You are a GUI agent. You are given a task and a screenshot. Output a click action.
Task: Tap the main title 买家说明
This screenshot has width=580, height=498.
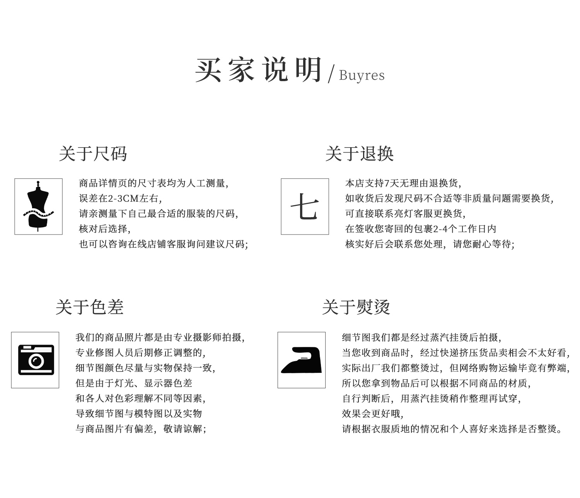pyautogui.click(x=258, y=70)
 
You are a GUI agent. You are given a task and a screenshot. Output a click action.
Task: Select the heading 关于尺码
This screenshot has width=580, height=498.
pyautogui.click(x=93, y=154)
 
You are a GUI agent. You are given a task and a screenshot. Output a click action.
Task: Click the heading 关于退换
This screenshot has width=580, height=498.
pyautogui.click(x=360, y=154)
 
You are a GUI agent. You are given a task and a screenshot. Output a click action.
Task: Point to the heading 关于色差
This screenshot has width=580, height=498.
pyautogui.click(x=90, y=307)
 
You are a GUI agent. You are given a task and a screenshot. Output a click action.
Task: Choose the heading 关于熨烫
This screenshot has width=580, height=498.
pyautogui.click(x=356, y=307)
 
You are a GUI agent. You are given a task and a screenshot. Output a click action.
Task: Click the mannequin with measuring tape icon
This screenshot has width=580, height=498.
pyautogui.click(x=38, y=206)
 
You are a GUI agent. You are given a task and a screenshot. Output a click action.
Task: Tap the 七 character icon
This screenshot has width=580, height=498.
pyautogui.click(x=305, y=206)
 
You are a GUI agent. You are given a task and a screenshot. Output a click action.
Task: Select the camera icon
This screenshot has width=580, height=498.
pyautogui.click(x=36, y=360)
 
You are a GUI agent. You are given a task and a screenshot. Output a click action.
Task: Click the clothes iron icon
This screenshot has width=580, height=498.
pyautogui.click(x=301, y=360)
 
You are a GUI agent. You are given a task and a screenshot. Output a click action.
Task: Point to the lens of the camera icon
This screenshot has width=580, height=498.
pyautogui.click(x=36, y=361)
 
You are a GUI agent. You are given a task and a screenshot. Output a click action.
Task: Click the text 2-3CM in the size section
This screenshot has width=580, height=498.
pyautogui.click(x=123, y=199)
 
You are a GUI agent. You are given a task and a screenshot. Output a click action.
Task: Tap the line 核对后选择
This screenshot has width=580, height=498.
pyautogui.click(x=105, y=229)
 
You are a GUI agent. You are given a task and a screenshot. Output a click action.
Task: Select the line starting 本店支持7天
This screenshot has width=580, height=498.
pyautogui.click(x=403, y=184)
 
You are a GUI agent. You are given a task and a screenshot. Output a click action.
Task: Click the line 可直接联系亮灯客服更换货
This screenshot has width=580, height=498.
pyautogui.click(x=406, y=214)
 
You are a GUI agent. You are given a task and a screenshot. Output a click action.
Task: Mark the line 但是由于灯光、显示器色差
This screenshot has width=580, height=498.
pyautogui.click(x=134, y=383)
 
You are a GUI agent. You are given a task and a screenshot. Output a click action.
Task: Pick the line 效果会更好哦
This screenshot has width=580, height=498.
pyautogui.click(x=373, y=414)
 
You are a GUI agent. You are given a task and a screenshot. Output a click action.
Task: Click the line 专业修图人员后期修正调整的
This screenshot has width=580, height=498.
pyautogui.click(x=141, y=353)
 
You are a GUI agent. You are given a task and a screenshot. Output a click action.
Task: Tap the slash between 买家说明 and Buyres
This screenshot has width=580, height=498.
pyautogui.click(x=331, y=74)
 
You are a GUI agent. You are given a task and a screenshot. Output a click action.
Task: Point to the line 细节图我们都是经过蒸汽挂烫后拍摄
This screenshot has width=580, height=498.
pyautogui.click(x=422, y=337)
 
